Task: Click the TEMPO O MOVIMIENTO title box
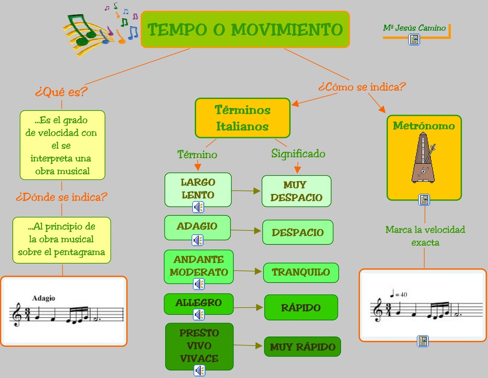tap(245, 29)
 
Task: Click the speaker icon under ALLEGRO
tap(199, 314)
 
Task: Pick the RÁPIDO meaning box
tap(301, 308)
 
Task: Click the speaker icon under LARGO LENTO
tap(198, 207)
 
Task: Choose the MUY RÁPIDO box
tap(302, 347)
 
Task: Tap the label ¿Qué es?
tap(61, 92)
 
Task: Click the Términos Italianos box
tap(242, 118)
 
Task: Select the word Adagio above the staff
tap(44, 298)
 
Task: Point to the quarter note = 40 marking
tap(398, 294)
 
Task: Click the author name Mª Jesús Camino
tap(414, 28)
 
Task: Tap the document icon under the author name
tap(414, 39)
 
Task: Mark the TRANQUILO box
tap(301, 272)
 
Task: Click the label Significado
tap(298, 153)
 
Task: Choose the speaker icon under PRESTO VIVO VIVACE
tap(199, 371)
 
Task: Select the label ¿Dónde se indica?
tap(62, 197)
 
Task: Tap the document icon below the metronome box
tap(424, 200)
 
